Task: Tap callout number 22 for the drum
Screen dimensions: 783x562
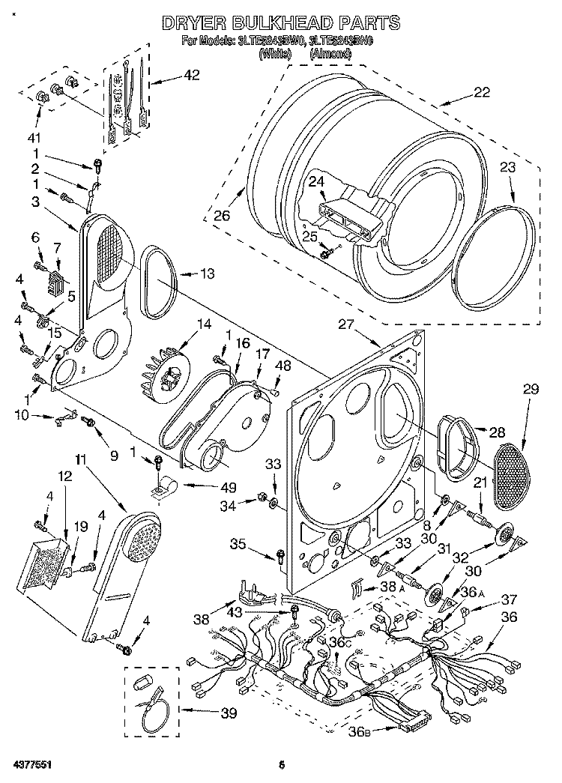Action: coord(481,93)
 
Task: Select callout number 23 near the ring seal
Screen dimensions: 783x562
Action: coord(508,169)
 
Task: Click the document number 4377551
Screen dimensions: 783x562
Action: coord(33,764)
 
